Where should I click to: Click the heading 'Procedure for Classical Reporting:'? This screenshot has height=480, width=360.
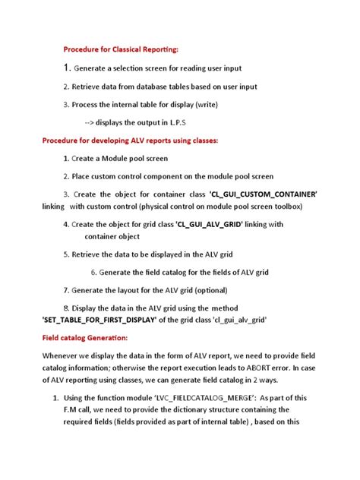(x=122, y=49)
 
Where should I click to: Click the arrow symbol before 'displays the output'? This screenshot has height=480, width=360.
(x=90, y=122)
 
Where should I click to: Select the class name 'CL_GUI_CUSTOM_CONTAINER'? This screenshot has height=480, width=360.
(x=263, y=195)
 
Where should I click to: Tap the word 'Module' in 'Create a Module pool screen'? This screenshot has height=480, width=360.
(x=120, y=159)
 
